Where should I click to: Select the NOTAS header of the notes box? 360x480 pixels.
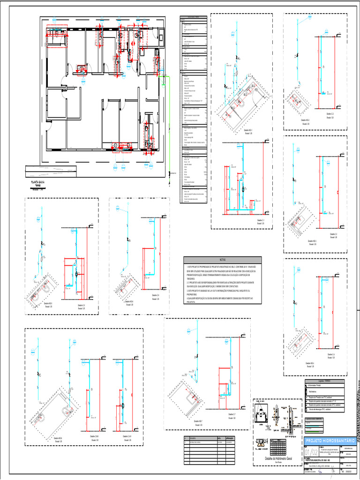(x=222, y=259)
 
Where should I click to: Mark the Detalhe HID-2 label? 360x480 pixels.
(x=304, y=120)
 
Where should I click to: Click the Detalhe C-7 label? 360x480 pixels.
(x=231, y=415)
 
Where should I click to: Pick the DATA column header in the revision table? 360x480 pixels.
(x=219, y=438)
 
